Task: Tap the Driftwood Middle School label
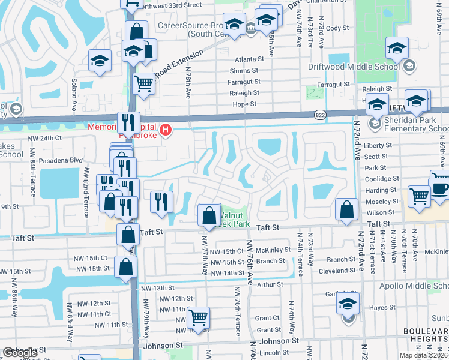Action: [354, 66]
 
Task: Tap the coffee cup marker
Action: [441, 187]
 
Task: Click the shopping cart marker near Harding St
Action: [419, 196]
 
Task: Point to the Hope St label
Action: [244, 104]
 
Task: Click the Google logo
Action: [19, 353]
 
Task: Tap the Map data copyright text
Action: [423, 355]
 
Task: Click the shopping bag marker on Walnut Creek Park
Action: [208, 215]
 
